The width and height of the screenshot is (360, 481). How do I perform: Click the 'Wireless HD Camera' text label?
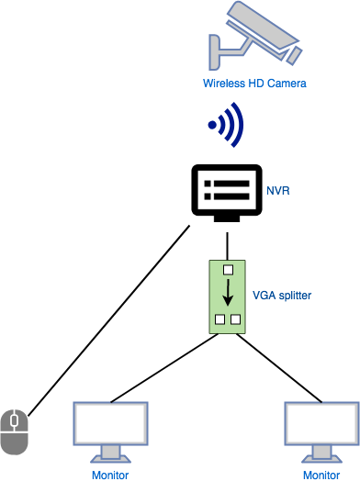[254, 84]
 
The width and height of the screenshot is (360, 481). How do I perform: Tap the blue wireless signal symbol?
[228, 125]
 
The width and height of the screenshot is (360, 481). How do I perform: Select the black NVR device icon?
[224, 194]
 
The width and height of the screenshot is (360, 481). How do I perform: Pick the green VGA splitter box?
[226, 296]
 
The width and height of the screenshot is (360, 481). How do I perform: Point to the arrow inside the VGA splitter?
[226, 293]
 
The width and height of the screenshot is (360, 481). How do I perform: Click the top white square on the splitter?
[226, 271]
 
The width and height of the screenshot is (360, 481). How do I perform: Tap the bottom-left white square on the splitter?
[219, 320]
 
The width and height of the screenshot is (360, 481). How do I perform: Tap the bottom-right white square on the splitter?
[235, 320]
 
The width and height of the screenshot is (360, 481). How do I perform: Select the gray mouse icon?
[14, 431]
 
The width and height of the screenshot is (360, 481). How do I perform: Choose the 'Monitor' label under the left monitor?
[110, 474]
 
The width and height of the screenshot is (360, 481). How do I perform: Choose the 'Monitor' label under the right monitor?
[321, 474]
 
